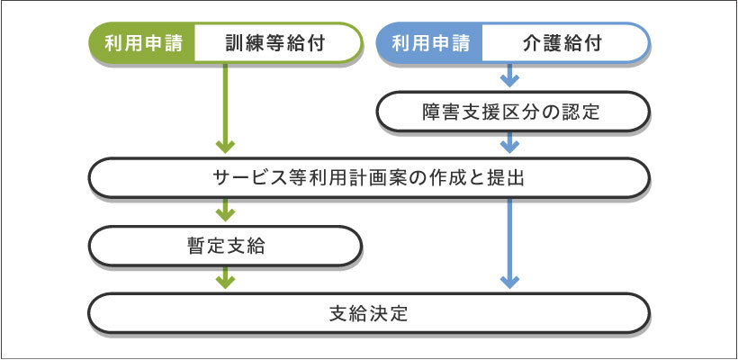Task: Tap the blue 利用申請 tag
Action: [428, 42]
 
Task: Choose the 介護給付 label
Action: [562, 42]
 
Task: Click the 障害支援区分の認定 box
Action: [510, 112]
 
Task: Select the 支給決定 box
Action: [368, 314]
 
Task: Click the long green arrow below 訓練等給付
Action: [225, 108]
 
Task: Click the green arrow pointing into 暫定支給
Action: [225, 211]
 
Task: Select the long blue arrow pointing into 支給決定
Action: [510, 243]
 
